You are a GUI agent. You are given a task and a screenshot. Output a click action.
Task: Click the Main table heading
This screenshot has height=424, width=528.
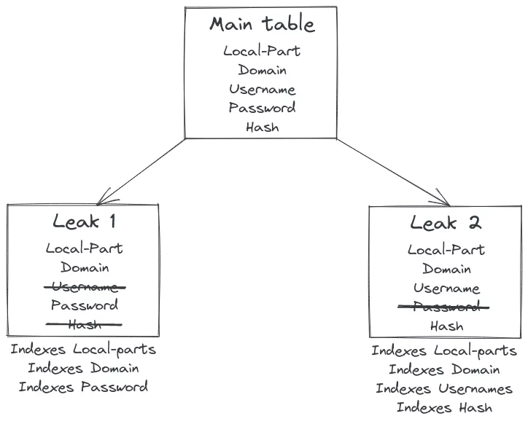tap(262, 24)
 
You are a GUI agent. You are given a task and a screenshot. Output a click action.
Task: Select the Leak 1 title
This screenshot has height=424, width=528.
tap(84, 222)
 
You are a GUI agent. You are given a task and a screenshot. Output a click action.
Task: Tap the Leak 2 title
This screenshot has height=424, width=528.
tap(446, 224)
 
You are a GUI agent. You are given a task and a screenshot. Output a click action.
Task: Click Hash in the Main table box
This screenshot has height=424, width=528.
tap(262, 127)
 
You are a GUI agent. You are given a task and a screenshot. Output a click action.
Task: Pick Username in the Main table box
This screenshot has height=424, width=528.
tap(262, 90)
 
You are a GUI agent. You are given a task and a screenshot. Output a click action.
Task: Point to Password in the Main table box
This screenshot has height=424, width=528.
tap(262, 108)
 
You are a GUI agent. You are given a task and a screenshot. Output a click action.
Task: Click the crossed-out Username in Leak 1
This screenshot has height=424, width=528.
tap(84, 286)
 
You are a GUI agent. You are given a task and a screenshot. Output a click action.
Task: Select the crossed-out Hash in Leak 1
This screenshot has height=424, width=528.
tap(84, 324)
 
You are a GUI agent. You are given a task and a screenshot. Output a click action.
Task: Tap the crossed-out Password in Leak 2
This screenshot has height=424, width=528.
tap(446, 307)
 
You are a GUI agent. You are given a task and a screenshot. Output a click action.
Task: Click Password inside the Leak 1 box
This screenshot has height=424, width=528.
tap(84, 305)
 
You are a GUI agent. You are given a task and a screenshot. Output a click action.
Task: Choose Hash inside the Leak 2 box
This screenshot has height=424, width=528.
tap(446, 326)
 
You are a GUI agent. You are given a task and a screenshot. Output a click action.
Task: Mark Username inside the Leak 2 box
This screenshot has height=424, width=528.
tap(446, 288)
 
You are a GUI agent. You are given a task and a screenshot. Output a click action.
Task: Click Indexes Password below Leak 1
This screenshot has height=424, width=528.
tap(84, 387)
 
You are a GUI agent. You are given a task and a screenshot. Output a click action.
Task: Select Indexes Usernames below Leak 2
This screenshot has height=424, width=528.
tap(444, 388)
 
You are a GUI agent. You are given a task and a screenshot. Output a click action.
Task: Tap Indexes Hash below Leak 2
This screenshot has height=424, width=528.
tap(444, 408)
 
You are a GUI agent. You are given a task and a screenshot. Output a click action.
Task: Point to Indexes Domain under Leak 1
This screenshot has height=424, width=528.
tap(84, 368)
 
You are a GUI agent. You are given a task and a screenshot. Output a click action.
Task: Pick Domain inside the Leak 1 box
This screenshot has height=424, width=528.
tap(84, 267)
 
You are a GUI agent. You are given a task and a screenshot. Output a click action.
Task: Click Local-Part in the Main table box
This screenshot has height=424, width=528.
tap(262, 51)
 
